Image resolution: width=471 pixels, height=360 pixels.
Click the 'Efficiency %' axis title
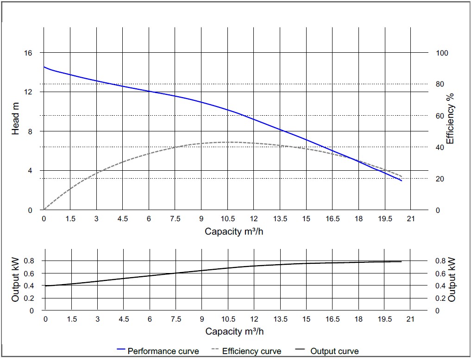[450, 118]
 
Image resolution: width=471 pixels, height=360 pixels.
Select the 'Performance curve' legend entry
[158, 351]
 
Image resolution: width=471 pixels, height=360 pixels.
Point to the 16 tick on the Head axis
[29, 53]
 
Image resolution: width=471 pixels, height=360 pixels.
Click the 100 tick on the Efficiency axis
[442, 53]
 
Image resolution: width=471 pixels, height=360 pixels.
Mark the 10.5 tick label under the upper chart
[228, 219]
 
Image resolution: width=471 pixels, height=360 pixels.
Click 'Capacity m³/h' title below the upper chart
[234, 231]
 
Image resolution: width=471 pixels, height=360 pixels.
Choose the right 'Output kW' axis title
[452, 280]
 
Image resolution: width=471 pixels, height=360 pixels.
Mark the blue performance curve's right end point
[402, 180]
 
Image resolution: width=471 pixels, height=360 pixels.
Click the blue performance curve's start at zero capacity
[44, 67]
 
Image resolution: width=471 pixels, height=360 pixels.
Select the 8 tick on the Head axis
[30, 131]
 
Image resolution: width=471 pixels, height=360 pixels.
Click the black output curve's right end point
[401, 261]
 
